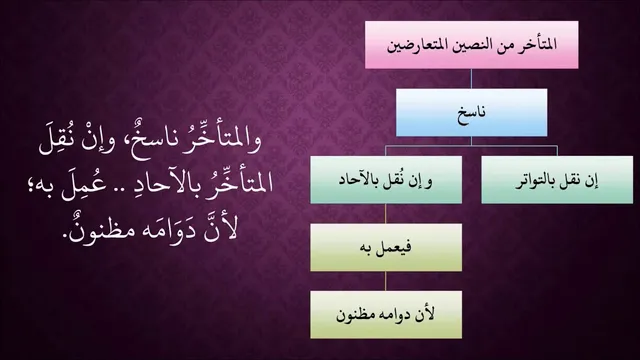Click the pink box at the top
click(x=471, y=45)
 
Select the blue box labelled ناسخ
click(x=471, y=113)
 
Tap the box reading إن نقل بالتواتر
click(x=557, y=180)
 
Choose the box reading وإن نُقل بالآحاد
click(x=386, y=180)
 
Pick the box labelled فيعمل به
click(x=386, y=247)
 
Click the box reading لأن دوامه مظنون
click(x=386, y=315)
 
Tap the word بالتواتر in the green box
click(x=535, y=181)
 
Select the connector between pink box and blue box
click(x=471, y=79)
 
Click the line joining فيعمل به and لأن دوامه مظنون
click(x=386, y=281)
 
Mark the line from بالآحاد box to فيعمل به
click(x=386, y=213)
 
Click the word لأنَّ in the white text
click(x=221, y=229)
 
